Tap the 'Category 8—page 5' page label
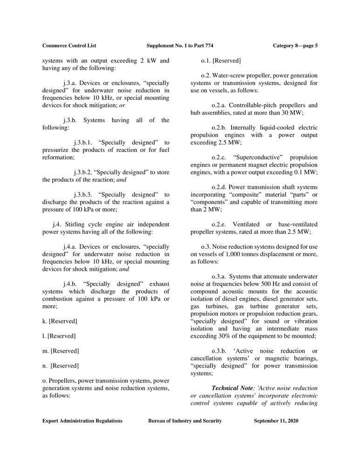click(x=295, y=46)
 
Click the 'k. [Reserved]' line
click(x=60, y=321)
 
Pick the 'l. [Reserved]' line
click(x=59, y=336)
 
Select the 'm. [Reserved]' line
click(x=61, y=350)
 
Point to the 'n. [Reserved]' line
click(x=61, y=365)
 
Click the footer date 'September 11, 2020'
click(x=276, y=421)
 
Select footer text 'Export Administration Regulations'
click(x=82, y=421)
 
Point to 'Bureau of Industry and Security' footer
click(x=185, y=421)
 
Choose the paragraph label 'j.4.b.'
click(x=70, y=284)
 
